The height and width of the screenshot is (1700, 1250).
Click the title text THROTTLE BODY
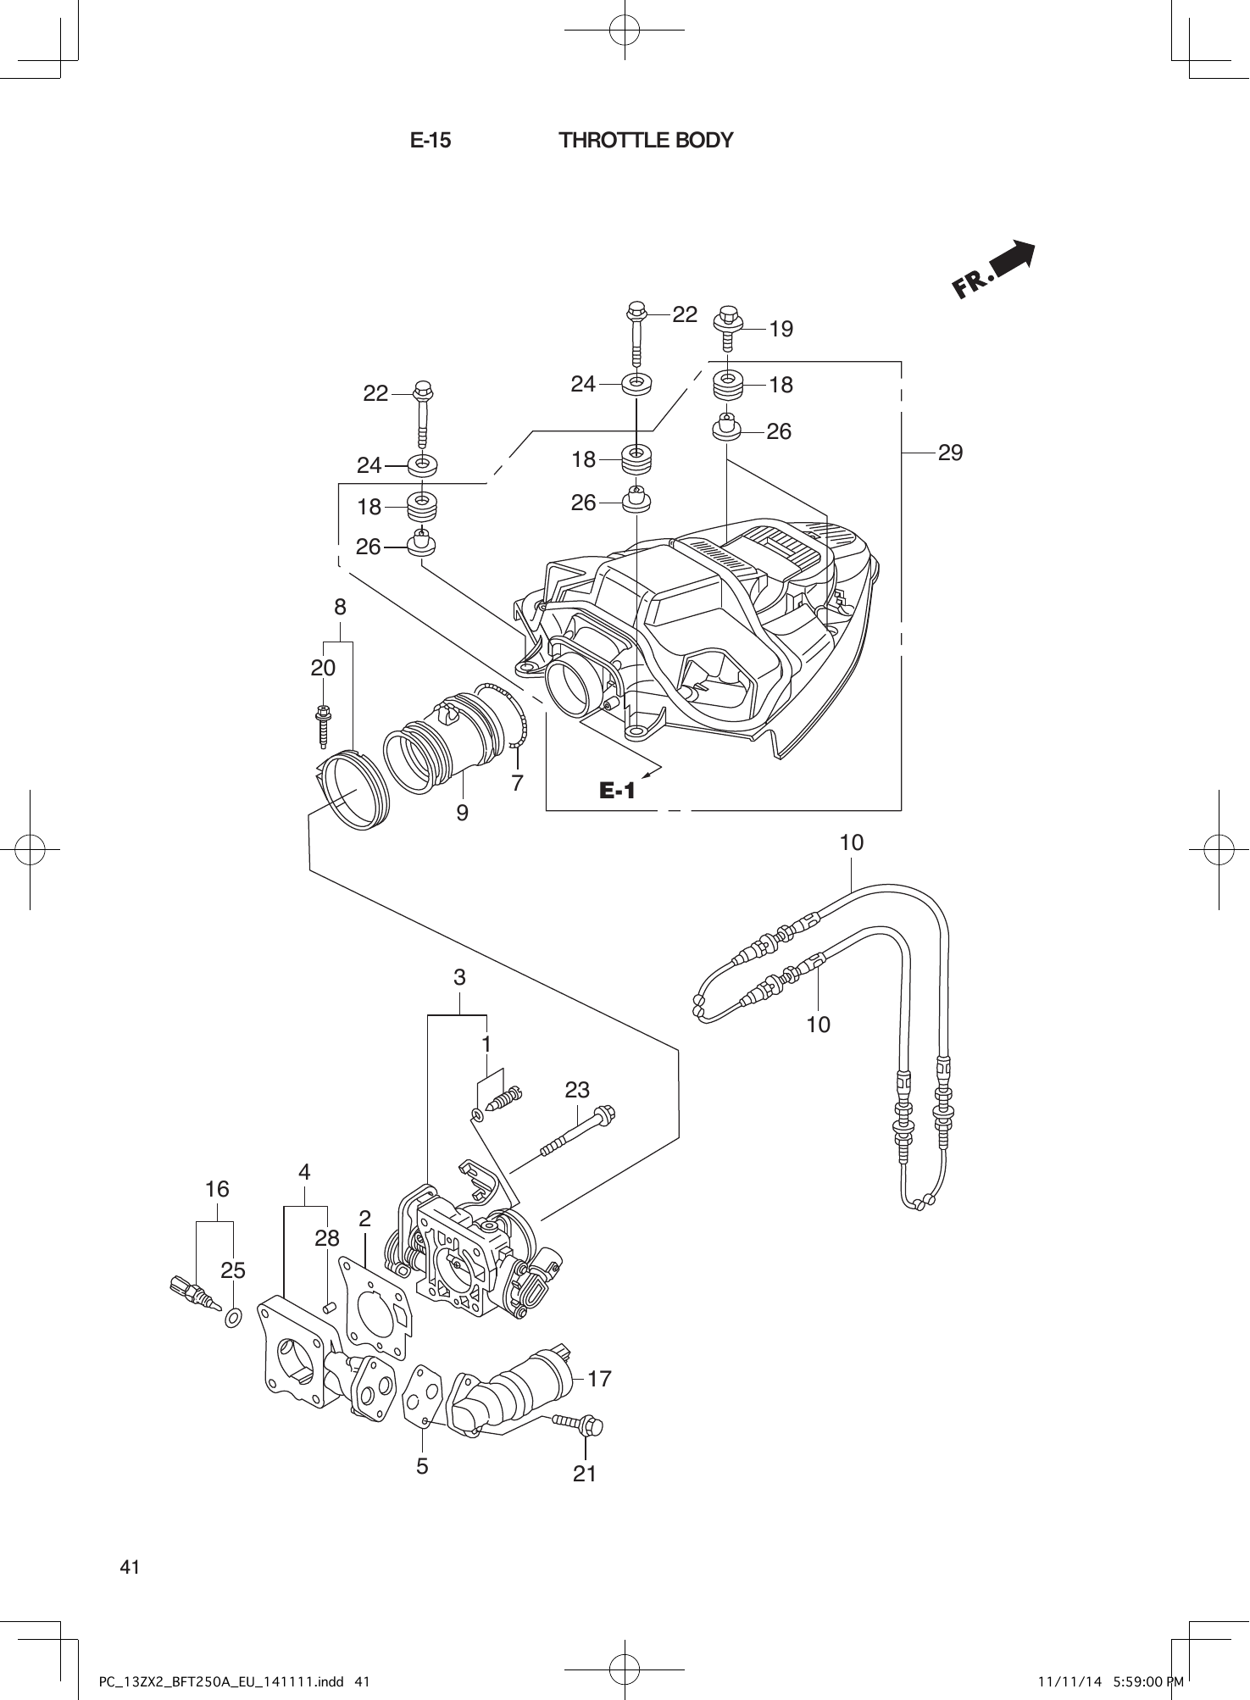[x=646, y=141]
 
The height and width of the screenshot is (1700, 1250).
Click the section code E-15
[x=431, y=141]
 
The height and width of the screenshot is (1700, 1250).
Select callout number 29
[x=950, y=453]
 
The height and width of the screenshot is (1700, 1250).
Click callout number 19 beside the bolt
[x=781, y=330]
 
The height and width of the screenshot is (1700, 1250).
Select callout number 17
[x=599, y=1379]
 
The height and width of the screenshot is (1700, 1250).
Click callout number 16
[x=217, y=1189]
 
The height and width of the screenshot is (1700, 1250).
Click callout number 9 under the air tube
[x=462, y=813]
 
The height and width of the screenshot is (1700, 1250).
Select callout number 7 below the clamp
[x=517, y=782]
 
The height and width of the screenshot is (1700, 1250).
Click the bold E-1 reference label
[x=617, y=792]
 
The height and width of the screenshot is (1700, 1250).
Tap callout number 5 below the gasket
[x=422, y=1465]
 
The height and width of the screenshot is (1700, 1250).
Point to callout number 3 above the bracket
[x=459, y=977]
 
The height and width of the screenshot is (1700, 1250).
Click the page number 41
[x=130, y=1567]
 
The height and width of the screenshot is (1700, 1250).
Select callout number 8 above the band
[x=340, y=607]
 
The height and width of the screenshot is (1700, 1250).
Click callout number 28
[x=327, y=1238]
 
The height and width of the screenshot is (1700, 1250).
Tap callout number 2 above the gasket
[x=364, y=1219]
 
